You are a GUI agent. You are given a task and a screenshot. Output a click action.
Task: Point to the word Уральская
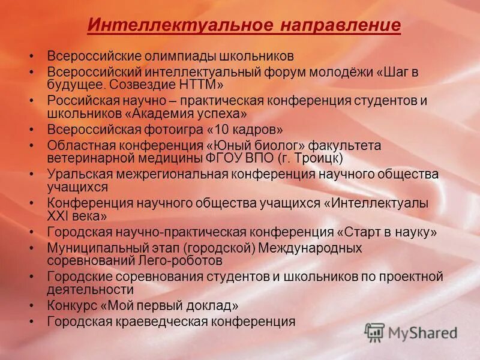point(76,174)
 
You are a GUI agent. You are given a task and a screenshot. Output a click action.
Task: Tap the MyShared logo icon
point(374,332)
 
